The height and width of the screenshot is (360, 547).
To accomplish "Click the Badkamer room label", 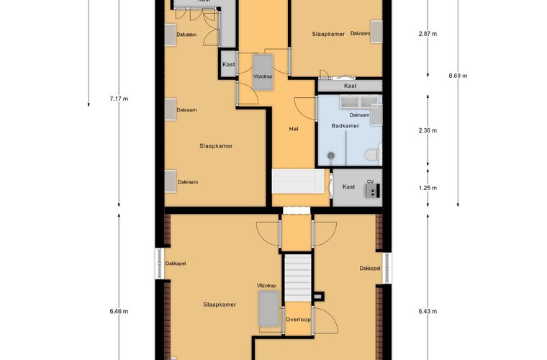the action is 345,125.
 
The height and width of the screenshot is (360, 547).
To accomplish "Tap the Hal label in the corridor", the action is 294,129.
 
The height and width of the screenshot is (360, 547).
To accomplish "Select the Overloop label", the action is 298,320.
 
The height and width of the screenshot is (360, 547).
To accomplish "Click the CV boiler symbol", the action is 373,191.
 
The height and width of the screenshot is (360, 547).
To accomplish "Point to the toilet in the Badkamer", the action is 373,155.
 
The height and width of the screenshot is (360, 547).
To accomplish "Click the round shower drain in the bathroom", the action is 330,156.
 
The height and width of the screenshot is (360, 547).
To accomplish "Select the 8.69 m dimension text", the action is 458,76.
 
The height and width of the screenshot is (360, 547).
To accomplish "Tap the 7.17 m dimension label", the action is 119,99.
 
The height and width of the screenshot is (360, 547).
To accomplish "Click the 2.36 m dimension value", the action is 428,130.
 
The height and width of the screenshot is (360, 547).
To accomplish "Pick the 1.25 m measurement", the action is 428,188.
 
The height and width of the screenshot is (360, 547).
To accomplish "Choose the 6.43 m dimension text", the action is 428,311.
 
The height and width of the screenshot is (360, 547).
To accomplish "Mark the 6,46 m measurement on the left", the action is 119,311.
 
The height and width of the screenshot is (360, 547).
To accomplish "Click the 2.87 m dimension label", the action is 428,34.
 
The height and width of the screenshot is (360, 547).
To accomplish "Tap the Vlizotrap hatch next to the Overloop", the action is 269,309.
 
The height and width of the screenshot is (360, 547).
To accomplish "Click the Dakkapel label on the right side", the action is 370,269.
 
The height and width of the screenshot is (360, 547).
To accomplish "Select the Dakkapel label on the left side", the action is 176,264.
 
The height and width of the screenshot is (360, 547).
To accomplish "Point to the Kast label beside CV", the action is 348,187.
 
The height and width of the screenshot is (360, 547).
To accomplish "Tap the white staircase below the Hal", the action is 299,181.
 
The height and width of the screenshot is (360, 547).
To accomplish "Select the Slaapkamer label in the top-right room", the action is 328,34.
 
